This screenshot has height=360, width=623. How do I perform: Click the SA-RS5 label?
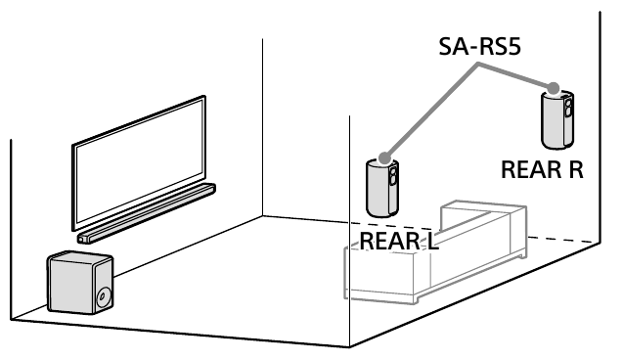[476, 46]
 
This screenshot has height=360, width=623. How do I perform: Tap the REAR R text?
[542, 169]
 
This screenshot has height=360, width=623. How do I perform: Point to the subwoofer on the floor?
[79, 284]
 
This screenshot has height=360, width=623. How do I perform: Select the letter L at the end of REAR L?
[431, 240]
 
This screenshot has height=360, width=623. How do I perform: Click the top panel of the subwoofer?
[78, 258]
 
